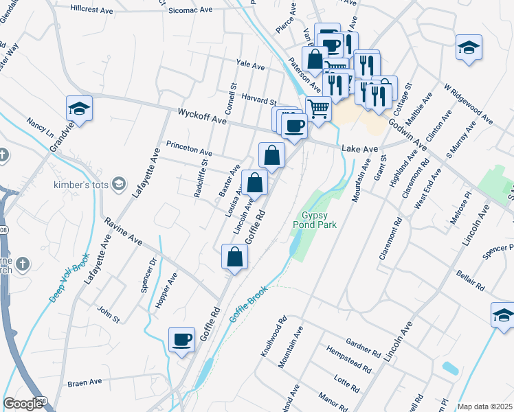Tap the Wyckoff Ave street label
202,115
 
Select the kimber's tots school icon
120,183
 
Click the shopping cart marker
318,108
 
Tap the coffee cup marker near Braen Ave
182,339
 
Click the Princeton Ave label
189,149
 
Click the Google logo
23,403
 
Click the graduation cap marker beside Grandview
79,108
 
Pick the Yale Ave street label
250,65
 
